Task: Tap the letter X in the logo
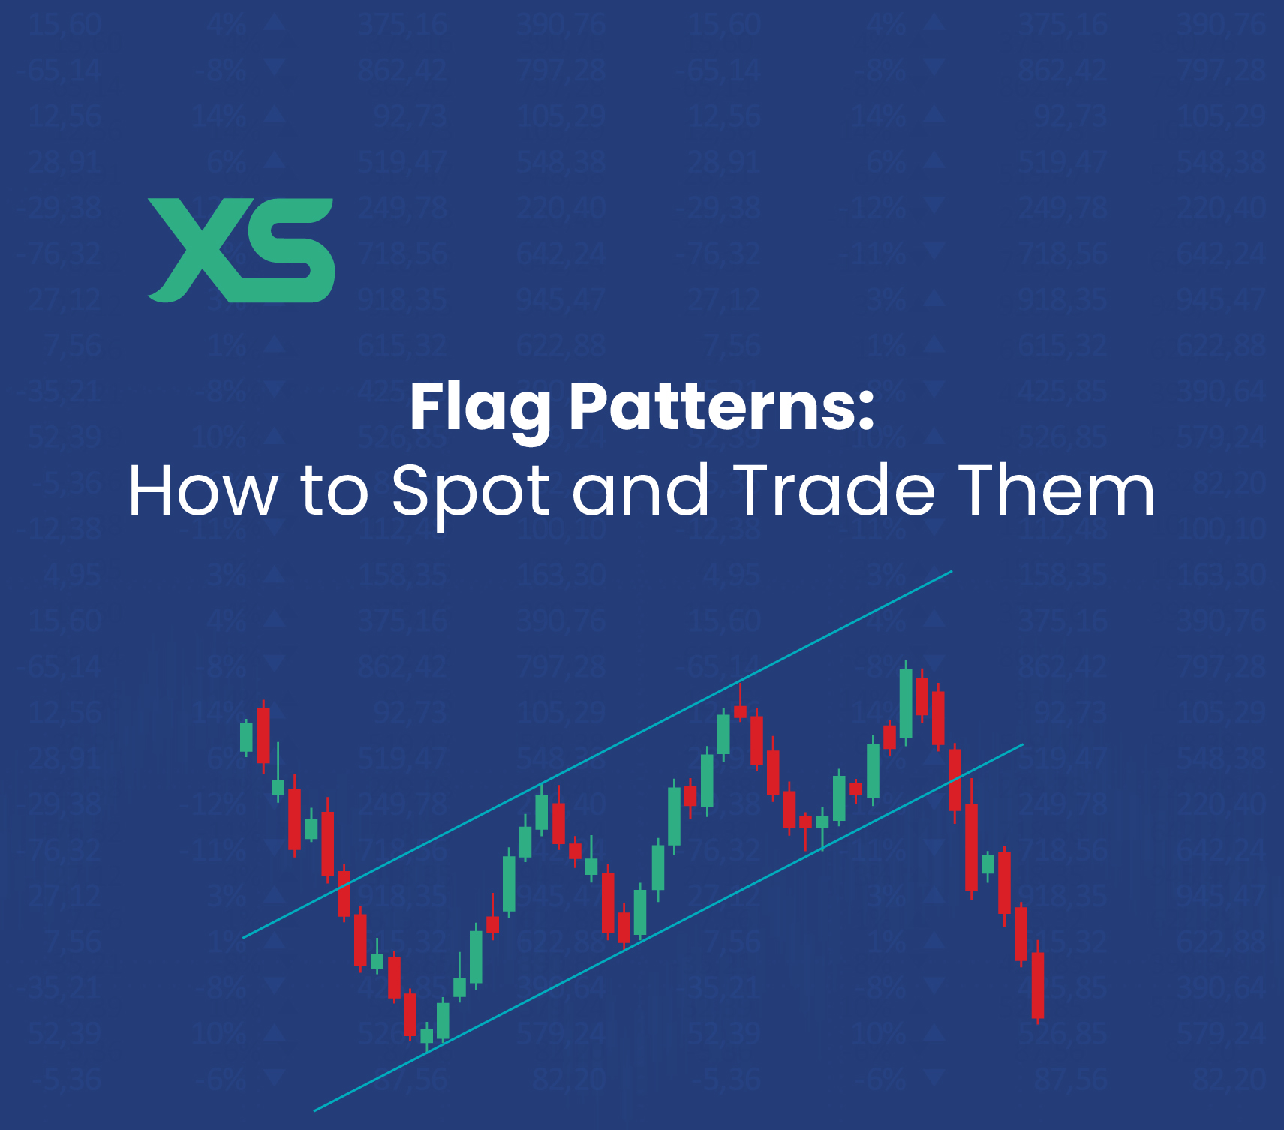pos(197,250)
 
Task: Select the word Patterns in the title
pos(713,407)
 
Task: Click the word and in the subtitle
pos(640,491)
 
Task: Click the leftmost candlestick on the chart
pos(246,737)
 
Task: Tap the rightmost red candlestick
pos(1038,984)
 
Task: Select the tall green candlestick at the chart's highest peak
pos(906,703)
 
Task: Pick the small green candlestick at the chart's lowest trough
pos(427,1035)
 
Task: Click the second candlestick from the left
pos(263,735)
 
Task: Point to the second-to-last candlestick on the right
pos(1021,933)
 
